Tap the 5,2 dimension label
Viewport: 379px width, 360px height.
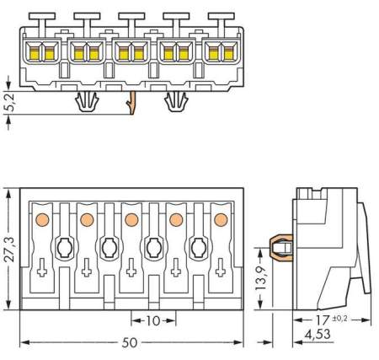[x=8, y=102]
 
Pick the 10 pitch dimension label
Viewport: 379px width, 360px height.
[x=152, y=321]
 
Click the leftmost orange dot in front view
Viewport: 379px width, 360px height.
[x=40, y=219]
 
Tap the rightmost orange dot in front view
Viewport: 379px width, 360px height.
[x=222, y=219]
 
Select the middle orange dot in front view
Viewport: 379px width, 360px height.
[x=131, y=219]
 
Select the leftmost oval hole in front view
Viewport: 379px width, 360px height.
[x=63, y=248]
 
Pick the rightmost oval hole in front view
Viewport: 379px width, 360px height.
[x=199, y=248]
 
